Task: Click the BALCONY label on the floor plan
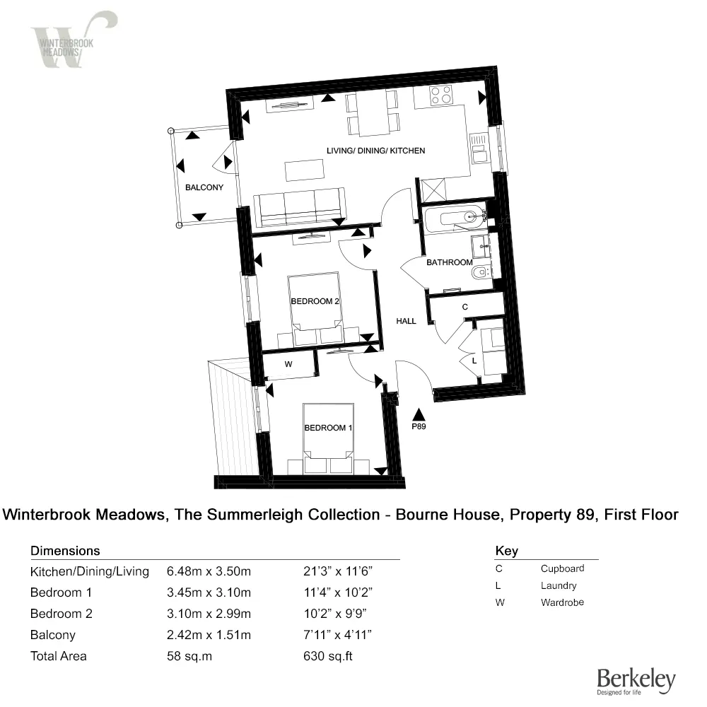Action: tap(204, 188)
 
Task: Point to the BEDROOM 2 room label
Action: tap(316, 301)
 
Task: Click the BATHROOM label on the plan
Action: tap(449, 262)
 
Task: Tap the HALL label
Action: tap(406, 321)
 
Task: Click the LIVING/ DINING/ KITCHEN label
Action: tap(375, 151)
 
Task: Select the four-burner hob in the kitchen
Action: tap(441, 95)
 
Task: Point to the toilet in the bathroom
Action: tap(481, 272)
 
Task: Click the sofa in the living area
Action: tap(302, 206)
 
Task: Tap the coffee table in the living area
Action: tap(305, 170)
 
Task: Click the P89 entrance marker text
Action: tap(419, 427)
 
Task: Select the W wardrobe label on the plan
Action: tap(288, 365)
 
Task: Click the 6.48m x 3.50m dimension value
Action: tap(209, 571)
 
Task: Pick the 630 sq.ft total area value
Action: tap(327, 656)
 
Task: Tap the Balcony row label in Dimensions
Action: tap(52, 635)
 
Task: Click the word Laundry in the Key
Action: tap(559, 585)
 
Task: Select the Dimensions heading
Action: tap(65, 551)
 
